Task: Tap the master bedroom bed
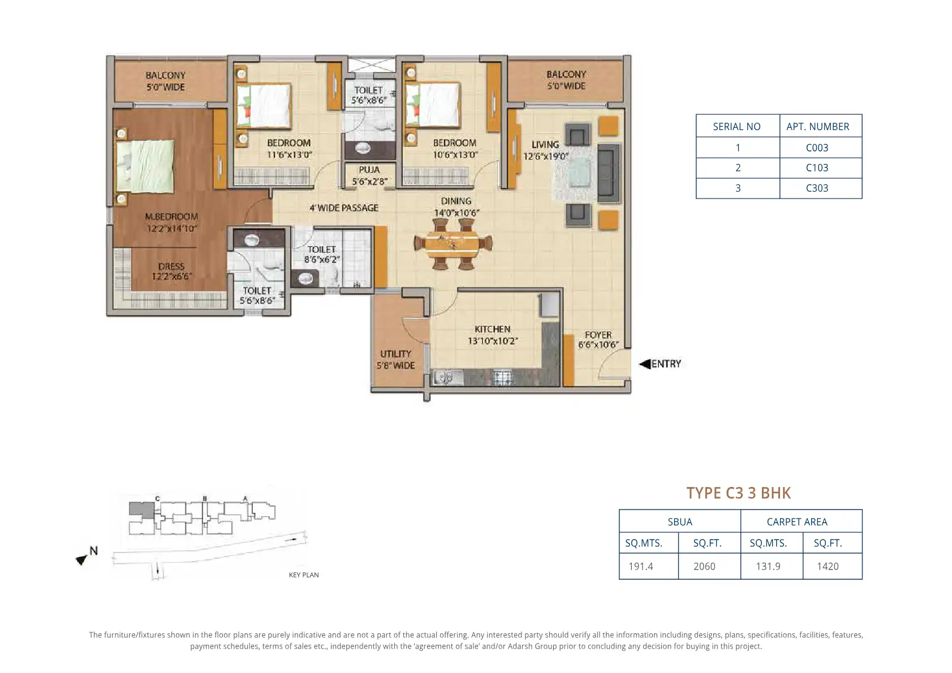(x=145, y=166)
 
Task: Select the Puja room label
(x=369, y=175)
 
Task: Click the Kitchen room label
(x=493, y=335)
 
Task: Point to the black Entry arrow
(x=645, y=364)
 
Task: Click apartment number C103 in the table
(x=817, y=168)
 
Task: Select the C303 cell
(x=817, y=188)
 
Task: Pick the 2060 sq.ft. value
(x=704, y=566)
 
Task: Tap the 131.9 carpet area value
(x=768, y=566)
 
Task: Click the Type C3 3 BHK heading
(x=739, y=493)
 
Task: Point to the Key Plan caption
(x=303, y=575)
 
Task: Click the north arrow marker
(x=81, y=559)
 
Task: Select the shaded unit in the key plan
(x=141, y=510)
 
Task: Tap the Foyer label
(x=598, y=339)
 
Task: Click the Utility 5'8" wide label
(x=395, y=360)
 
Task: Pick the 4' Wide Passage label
(x=344, y=208)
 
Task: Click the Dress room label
(x=171, y=271)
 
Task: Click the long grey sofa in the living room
(x=608, y=173)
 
